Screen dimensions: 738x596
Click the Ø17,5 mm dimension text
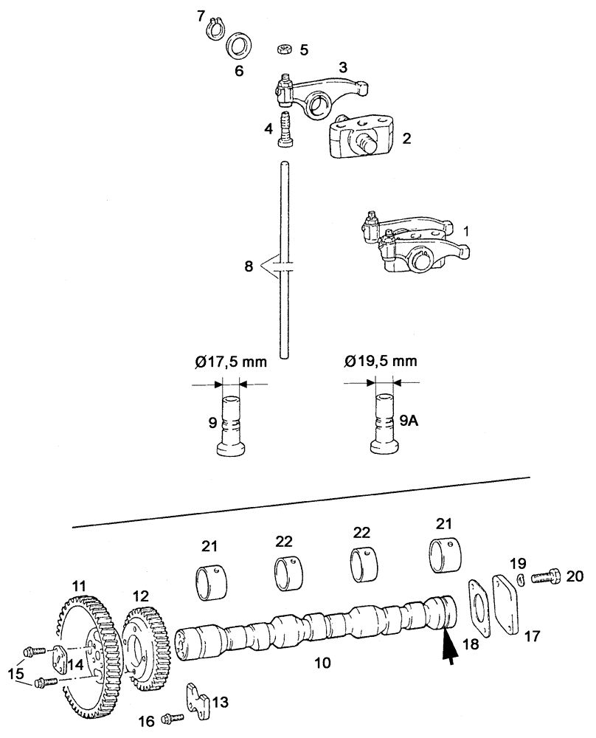[230, 362]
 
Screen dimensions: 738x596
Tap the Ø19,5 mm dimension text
[380, 362]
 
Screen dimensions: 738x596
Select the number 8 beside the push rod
[248, 263]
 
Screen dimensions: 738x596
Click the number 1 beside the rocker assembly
[465, 230]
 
